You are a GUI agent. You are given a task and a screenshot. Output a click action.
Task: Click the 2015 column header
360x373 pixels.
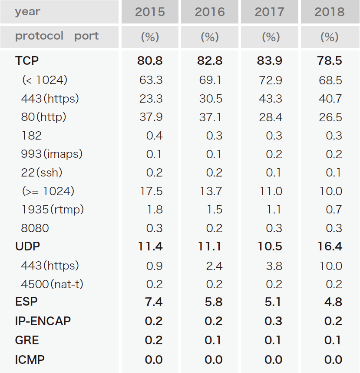150,12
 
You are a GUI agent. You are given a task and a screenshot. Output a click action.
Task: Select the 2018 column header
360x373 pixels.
329,12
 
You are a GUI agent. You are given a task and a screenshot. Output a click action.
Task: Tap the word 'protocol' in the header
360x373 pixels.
40,36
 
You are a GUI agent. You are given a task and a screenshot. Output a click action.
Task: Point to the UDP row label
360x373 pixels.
27,246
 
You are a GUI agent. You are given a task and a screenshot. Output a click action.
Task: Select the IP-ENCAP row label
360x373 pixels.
43,321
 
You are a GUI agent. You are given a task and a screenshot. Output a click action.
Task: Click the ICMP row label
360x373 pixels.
30,360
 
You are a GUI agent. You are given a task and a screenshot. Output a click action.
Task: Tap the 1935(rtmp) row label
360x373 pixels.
53,210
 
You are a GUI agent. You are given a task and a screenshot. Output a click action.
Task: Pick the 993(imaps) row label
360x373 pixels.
52,154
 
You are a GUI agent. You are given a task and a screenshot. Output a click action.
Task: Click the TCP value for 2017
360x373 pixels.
270,61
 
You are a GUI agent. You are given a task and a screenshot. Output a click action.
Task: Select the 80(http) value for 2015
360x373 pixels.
151,117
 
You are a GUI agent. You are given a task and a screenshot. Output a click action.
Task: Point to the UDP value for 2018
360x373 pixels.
330,246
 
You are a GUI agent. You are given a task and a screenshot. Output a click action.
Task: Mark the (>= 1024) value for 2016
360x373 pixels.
211,191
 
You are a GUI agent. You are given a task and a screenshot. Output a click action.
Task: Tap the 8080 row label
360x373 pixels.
35,228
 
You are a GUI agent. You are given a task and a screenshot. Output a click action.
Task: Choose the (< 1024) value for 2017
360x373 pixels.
271,80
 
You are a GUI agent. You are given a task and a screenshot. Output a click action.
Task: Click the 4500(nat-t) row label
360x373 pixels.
52,284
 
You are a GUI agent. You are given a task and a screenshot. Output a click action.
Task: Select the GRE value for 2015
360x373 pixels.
153,340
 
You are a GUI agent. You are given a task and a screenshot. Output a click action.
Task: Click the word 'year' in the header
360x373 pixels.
27,12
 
